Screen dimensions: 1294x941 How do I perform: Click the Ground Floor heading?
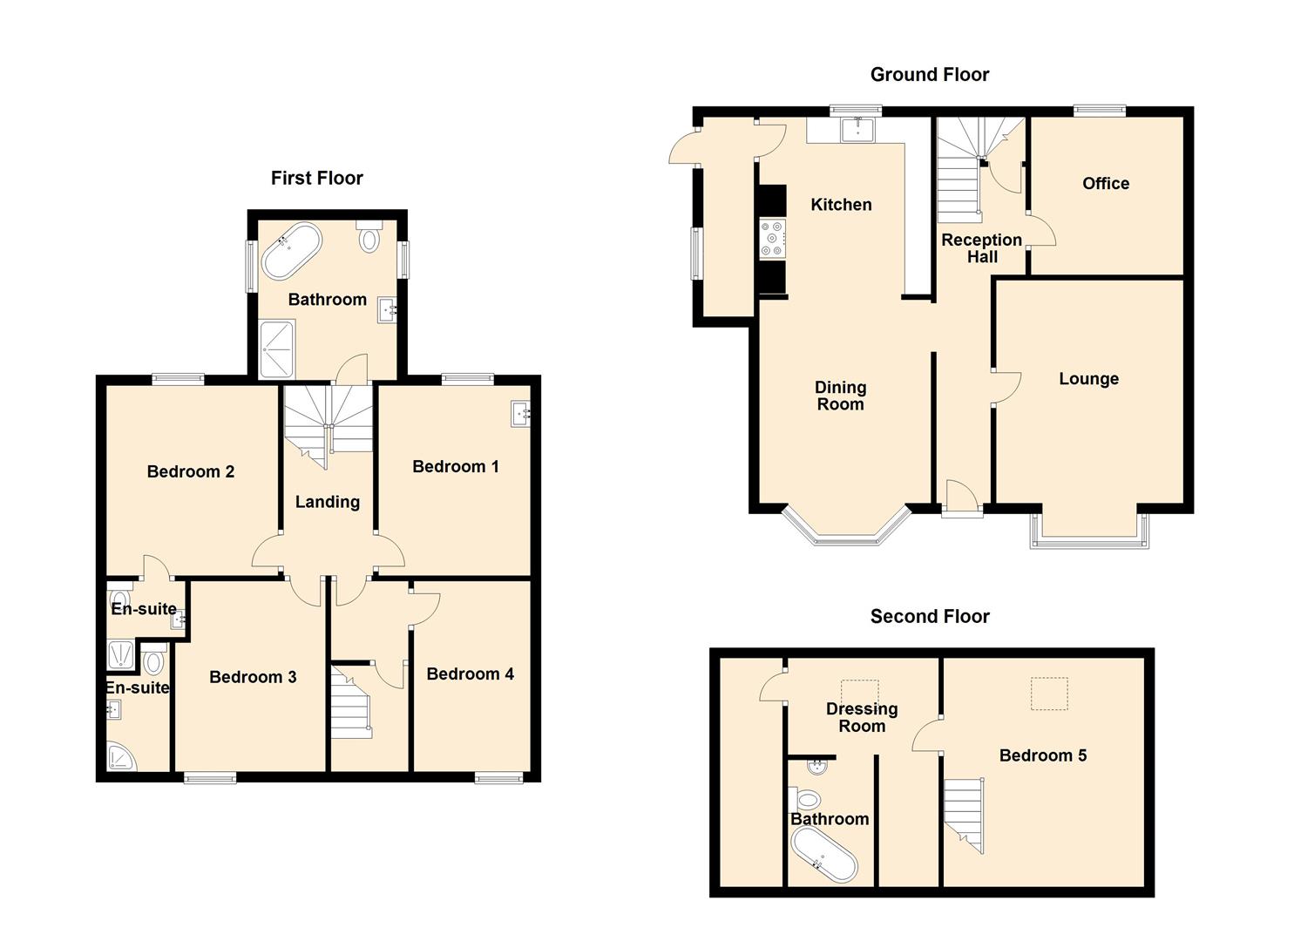pyautogui.click(x=930, y=75)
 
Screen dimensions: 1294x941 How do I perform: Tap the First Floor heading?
pyautogui.click(x=316, y=178)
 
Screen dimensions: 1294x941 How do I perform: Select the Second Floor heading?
pyautogui.click(x=930, y=616)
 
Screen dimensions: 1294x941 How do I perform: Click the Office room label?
pyautogui.click(x=1106, y=184)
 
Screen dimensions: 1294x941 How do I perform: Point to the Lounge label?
pyautogui.click(x=1089, y=379)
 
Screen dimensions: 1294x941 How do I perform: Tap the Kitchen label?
pyautogui.click(x=841, y=205)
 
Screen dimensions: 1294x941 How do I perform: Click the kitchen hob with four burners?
pyautogui.click(x=772, y=238)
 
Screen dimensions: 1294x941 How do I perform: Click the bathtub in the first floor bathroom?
pyautogui.click(x=292, y=251)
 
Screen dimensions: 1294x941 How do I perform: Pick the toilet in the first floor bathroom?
pyautogui.click(x=369, y=236)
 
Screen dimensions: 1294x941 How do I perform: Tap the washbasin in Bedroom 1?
pyautogui.click(x=520, y=414)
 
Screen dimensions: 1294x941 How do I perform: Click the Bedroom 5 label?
pyautogui.click(x=1043, y=755)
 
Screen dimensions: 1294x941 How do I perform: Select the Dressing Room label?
pyautogui.click(x=862, y=717)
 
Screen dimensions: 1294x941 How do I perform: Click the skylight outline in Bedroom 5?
pyautogui.click(x=1050, y=694)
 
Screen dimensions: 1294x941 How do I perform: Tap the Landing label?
pyautogui.click(x=328, y=502)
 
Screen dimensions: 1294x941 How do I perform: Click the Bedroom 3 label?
pyautogui.click(x=253, y=677)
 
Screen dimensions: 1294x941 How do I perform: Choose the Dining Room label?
pyautogui.click(x=841, y=396)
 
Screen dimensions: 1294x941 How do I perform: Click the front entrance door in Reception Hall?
pyautogui.click(x=962, y=498)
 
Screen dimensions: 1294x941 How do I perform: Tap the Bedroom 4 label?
pyautogui.click(x=471, y=674)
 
